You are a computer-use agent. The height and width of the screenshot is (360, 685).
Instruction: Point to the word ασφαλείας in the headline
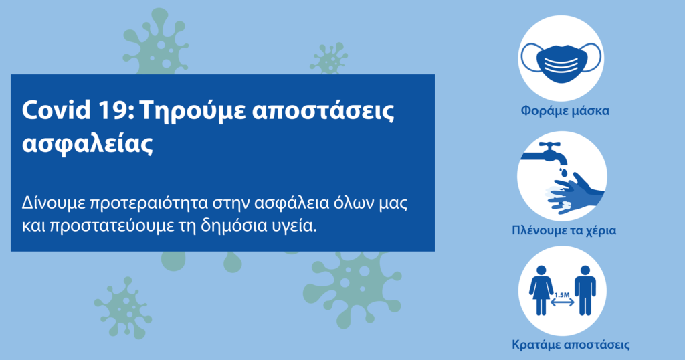[88, 143]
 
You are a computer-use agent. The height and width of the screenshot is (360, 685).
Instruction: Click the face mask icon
[561, 61]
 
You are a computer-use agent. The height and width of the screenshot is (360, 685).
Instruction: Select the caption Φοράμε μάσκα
[565, 110]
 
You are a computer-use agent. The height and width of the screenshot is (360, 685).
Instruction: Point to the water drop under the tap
[564, 171]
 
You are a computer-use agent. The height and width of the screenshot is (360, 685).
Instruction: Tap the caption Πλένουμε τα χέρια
[564, 230]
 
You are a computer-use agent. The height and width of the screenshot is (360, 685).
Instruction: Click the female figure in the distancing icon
[541, 290]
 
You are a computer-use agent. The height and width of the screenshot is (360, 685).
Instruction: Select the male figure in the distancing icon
[585, 290]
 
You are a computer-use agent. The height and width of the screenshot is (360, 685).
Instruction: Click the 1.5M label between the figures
[562, 295]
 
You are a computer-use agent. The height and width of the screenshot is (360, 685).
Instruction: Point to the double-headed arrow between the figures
[562, 302]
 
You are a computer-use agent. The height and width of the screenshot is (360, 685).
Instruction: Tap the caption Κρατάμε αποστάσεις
[571, 344]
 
